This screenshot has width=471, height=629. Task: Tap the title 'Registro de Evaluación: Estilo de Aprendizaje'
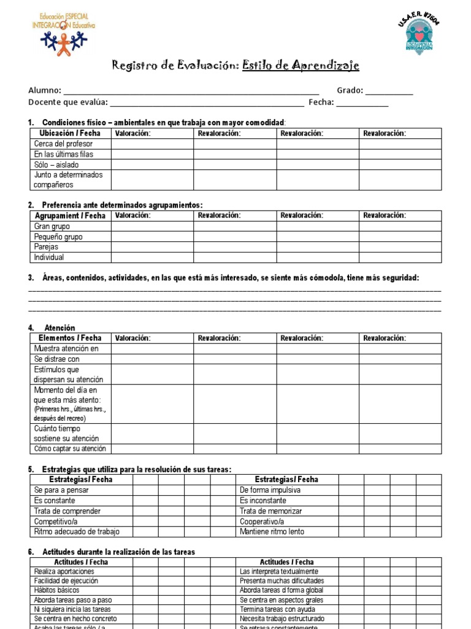235,66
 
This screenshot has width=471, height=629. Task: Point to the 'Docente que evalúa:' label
68,103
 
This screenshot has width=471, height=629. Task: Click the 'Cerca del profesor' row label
63,144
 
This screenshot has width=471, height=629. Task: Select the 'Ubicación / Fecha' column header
70,133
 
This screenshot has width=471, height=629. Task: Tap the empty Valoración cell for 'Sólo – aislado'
152,165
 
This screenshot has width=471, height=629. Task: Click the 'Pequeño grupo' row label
58,236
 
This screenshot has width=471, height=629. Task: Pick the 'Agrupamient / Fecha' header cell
70,216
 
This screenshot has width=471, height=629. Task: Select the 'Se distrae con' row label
57,359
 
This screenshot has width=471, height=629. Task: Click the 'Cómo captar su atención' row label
70,449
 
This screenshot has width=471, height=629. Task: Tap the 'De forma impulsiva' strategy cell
270,490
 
